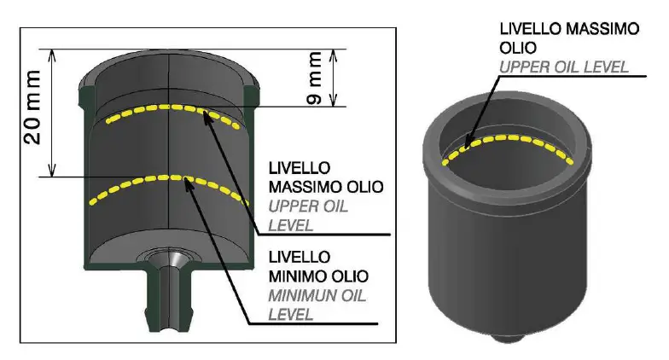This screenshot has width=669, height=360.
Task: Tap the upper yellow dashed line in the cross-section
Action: (x=171, y=108)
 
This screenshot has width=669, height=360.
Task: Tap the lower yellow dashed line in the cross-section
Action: (x=171, y=179)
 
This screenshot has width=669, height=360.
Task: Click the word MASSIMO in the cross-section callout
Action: (x=303, y=186)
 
